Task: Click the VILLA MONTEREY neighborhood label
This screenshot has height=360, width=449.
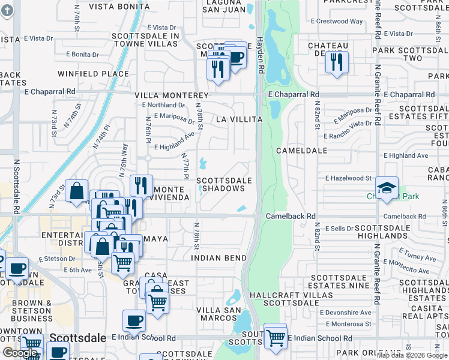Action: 171,95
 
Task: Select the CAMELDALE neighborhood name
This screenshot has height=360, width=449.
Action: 301,150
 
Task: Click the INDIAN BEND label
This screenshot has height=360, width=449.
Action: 218,258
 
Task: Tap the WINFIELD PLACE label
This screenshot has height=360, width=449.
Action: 93,74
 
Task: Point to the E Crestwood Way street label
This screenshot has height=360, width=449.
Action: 337,22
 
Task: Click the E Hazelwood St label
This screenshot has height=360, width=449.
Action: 349,178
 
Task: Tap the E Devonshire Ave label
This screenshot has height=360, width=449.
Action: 346,313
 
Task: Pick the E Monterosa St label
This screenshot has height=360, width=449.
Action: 347,324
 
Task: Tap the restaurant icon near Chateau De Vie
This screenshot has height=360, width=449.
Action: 337,62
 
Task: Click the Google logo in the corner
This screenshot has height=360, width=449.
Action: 20,353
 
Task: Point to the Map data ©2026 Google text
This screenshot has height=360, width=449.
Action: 412,355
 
